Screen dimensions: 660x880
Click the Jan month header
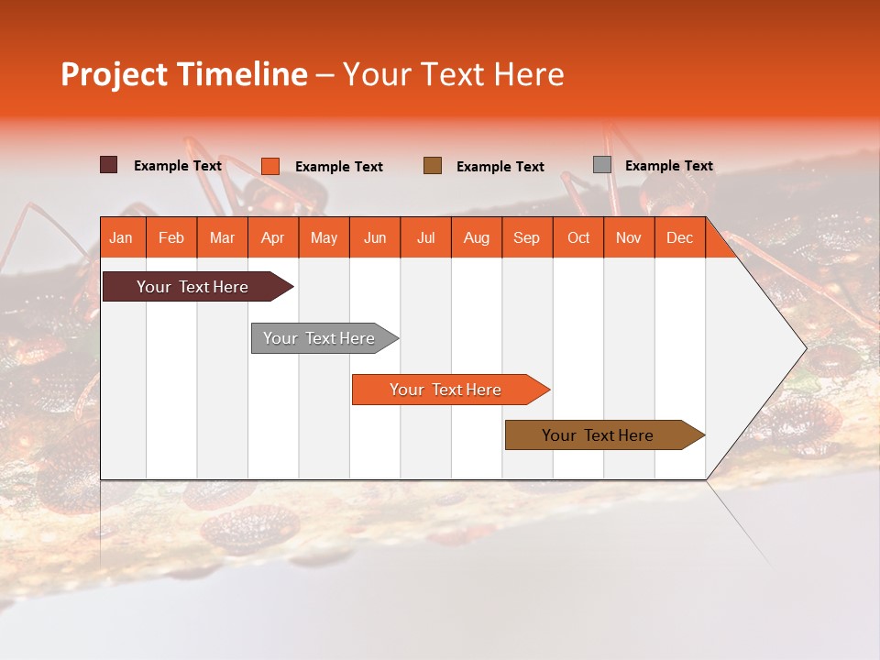pyautogui.click(x=121, y=238)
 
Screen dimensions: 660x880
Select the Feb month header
pyautogui.click(x=171, y=238)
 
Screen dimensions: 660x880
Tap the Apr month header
pyautogui.click(x=272, y=238)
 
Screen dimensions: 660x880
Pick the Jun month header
pyautogui.click(x=375, y=238)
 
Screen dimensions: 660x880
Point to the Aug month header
pyautogui.click(x=476, y=238)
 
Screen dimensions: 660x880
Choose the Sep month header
pyautogui.click(x=526, y=238)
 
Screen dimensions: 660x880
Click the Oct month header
pyautogui.click(x=578, y=238)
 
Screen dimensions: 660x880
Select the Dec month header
pyautogui.click(x=679, y=238)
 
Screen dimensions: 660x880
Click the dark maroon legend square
pyautogui.click(x=109, y=165)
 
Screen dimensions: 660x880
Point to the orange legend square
pyautogui.click(x=270, y=166)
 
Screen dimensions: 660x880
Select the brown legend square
pyautogui.click(x=433, y=165)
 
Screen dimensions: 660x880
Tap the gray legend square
pyautogui.click(x=602, y=165)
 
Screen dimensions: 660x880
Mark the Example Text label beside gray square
pyautogui.click(x=668, y=166)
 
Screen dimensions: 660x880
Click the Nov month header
pyautogui.click(x=629, y=238)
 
